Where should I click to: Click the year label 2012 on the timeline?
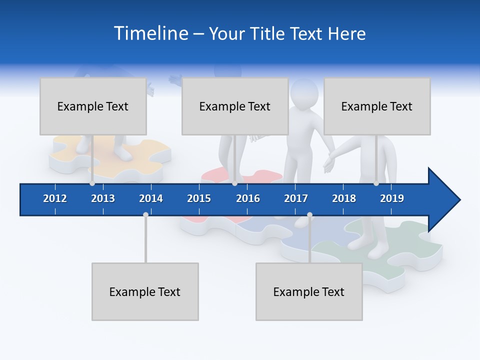[x=55, y=198]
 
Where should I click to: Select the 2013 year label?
[x=103, y=198]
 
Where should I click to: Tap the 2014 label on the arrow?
[x=151, y=198]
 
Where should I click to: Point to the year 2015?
[x=199, y=198]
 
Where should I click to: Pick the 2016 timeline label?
[x=248, y=198]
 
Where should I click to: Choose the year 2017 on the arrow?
[x=296, y=198]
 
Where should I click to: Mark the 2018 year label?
[x=344, y=198]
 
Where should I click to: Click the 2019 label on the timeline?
[x=392, y=198]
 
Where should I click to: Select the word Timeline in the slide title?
[x=150, y=33]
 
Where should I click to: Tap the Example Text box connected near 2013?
[x=93, y=106]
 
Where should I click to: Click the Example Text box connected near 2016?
[x=235, y=106]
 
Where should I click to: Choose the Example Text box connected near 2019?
[x=377, y=106]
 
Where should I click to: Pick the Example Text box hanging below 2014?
[x=145, y=291]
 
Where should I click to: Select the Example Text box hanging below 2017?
[x=309, y=291]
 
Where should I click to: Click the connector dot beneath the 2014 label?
[x=145, y=214]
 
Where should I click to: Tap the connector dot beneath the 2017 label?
[x=309, y=214]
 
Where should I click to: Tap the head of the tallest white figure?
[x=304, y=92]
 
